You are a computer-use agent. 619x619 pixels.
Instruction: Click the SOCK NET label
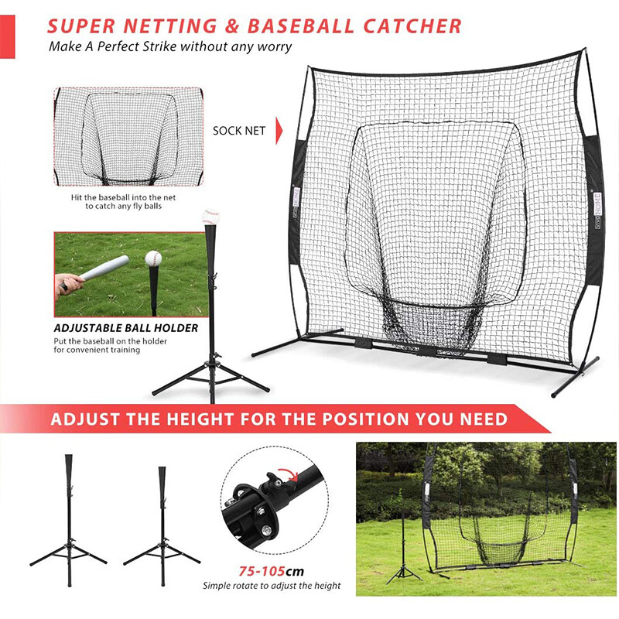point(239,130)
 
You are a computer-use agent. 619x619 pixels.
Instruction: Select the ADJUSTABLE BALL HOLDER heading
point(126,328)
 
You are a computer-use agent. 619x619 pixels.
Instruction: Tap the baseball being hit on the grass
point(153,259)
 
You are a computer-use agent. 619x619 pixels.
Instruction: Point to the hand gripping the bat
point(68,282)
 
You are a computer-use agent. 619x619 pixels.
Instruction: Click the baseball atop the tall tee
point(210,217)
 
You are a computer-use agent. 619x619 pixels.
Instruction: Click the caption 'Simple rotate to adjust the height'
point(272,586)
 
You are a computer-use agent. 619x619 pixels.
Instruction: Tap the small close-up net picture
point(128,137)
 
